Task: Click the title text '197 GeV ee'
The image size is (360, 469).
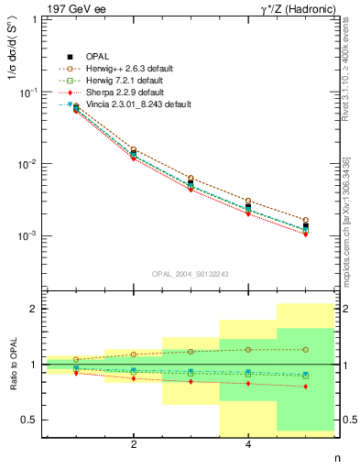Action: coord(72,8)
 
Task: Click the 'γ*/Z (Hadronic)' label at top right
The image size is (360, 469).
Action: coord(298,8)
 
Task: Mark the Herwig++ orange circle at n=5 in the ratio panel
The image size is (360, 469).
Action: coord(306,349)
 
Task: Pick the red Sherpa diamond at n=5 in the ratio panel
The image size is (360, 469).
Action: coord(306,387)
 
